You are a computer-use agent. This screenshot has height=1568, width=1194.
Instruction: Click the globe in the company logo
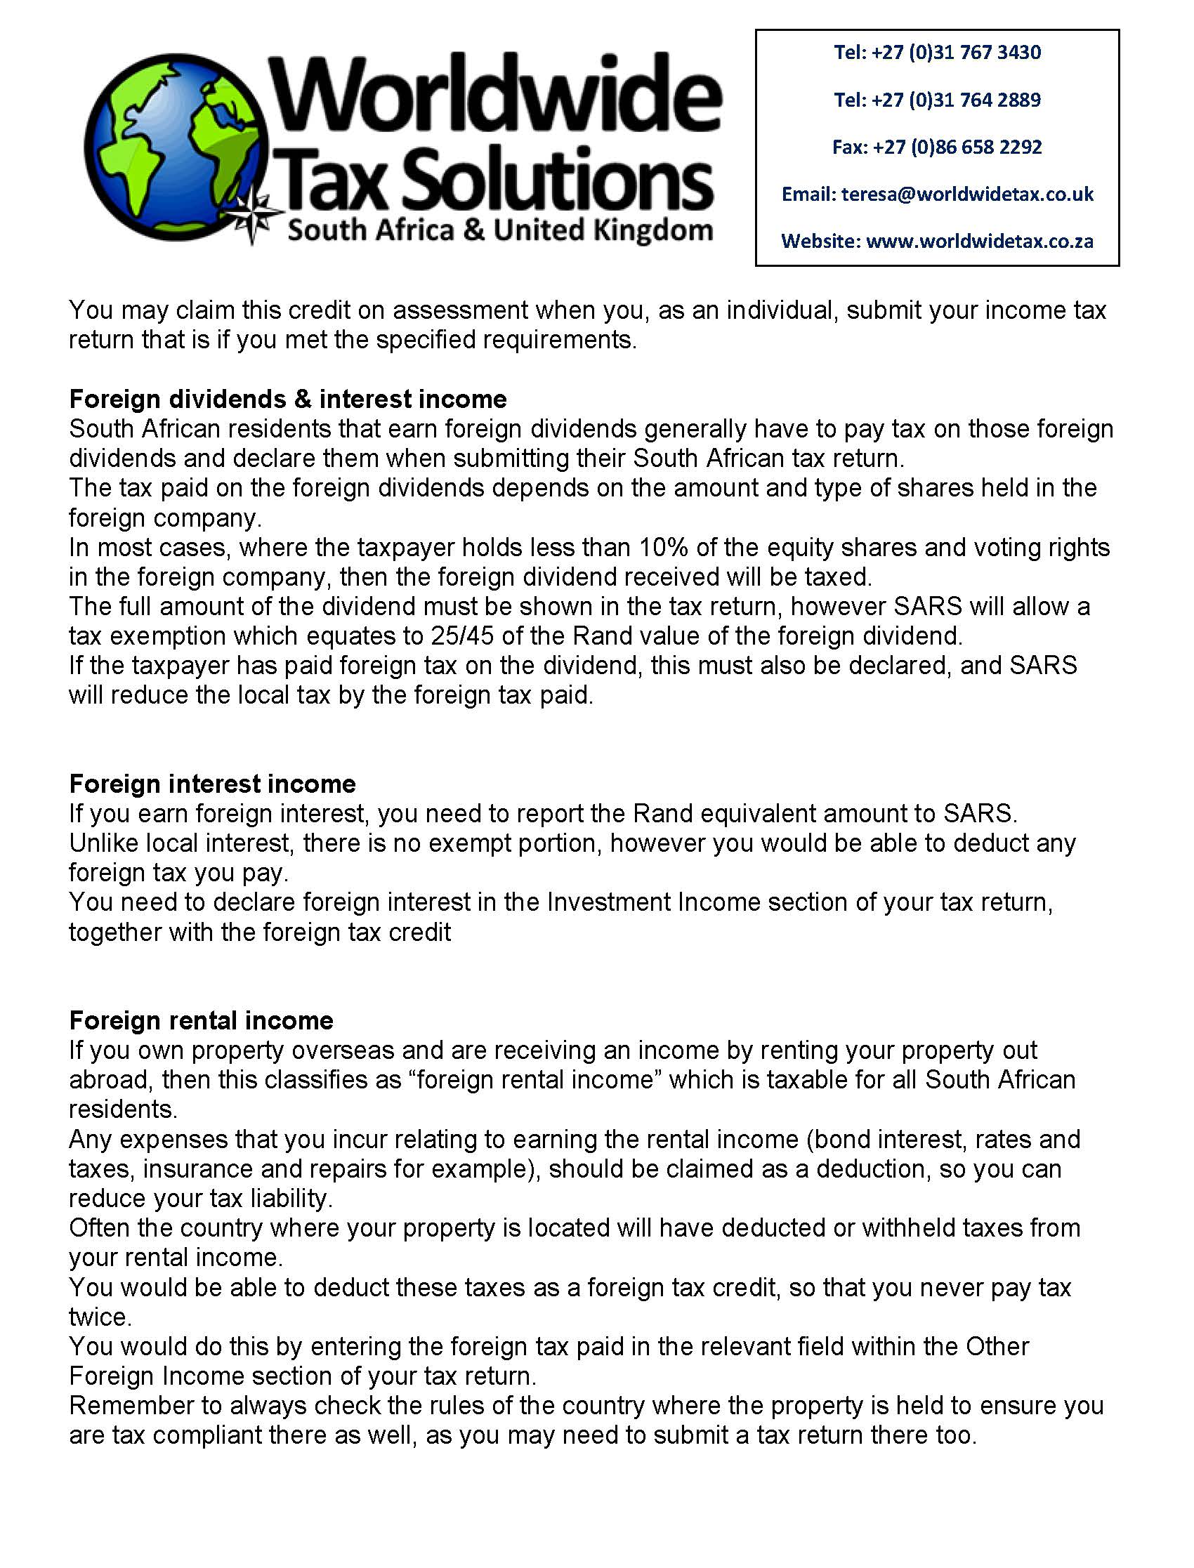pyautogui.click(x=178, y=145)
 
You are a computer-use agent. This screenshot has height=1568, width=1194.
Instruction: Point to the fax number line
pyautogui.click(x=937, y=147)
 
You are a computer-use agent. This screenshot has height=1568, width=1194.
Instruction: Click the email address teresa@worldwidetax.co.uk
pyautogui.click(x=967, y=194)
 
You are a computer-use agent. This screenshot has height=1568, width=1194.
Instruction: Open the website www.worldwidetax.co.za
pyautogui.click(x=979, y=242)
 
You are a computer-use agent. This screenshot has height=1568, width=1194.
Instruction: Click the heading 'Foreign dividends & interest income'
pyautogui.click(x=288, y=400)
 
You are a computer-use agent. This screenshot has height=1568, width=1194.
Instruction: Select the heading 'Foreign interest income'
pyautogui.click(x=213, y=784)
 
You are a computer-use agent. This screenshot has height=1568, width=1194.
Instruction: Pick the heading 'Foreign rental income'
pyautogui.click(x=201, y=1020)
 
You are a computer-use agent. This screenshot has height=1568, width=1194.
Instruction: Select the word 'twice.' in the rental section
pyautogui.click(x=100, y=1317)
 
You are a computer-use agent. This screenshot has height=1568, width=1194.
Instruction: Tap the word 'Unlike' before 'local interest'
pyautogui.click(x=104, y=843)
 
